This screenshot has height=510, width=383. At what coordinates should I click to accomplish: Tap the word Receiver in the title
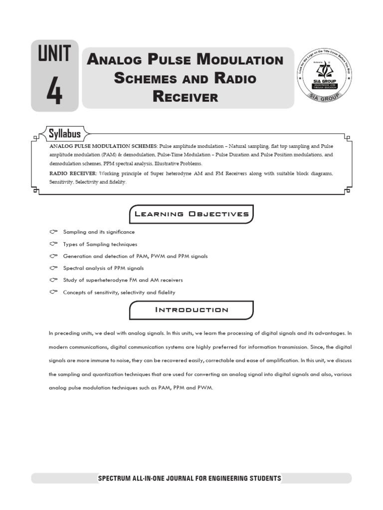186,97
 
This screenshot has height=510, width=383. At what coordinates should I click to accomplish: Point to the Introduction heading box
191,310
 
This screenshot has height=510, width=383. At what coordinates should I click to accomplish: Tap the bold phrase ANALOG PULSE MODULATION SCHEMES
103,146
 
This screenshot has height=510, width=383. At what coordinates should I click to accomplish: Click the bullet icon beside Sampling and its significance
54,232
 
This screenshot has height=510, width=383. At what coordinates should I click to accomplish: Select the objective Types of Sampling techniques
100,245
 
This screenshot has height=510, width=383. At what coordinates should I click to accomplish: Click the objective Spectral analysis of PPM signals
103,268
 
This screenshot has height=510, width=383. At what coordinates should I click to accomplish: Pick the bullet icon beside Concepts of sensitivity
54,292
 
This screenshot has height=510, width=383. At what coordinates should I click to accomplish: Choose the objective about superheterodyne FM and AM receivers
123,280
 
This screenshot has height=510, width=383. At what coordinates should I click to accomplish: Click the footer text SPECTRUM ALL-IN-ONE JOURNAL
190,479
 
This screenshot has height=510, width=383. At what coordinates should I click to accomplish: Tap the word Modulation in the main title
240,60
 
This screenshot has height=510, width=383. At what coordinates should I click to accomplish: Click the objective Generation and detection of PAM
135,256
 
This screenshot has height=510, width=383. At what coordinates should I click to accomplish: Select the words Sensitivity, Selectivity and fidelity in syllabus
88,182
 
